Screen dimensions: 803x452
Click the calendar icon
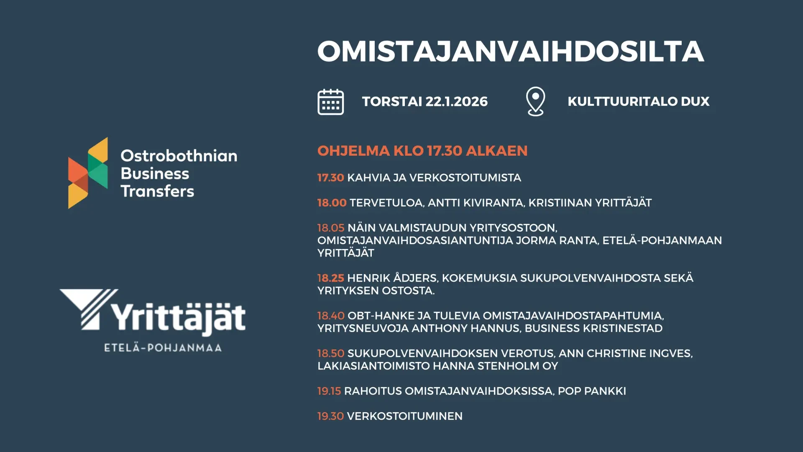point(330,102)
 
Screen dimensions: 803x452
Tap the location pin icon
point(535,101)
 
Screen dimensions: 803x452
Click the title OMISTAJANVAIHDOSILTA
point(511,51)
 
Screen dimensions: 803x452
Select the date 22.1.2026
point(456,101)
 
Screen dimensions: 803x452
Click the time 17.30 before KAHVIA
point(330,177)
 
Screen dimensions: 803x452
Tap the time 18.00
point(332,203)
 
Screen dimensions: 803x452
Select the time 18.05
point(331,228)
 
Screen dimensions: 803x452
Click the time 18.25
point(330,278)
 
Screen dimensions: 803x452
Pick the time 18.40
point(331,316)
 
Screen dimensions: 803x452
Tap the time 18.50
point(331,353)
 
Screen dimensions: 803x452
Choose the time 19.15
point(329,391)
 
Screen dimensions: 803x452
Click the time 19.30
point(330,416)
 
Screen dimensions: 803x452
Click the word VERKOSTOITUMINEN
point(405,416)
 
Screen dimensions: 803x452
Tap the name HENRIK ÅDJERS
point(392,278)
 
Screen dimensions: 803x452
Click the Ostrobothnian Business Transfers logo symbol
point(88,173)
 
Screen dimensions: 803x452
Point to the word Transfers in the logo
point(157,191)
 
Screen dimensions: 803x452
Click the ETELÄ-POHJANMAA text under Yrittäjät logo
point(163,347)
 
